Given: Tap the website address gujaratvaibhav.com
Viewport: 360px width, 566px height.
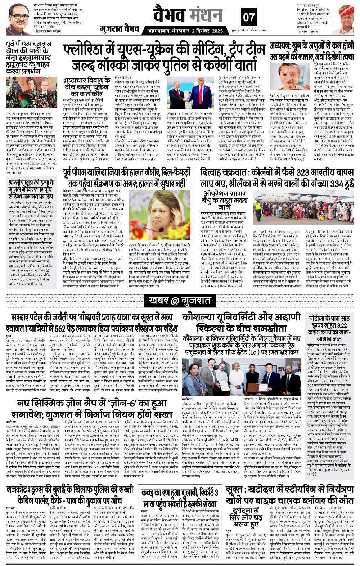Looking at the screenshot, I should point(249,32).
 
